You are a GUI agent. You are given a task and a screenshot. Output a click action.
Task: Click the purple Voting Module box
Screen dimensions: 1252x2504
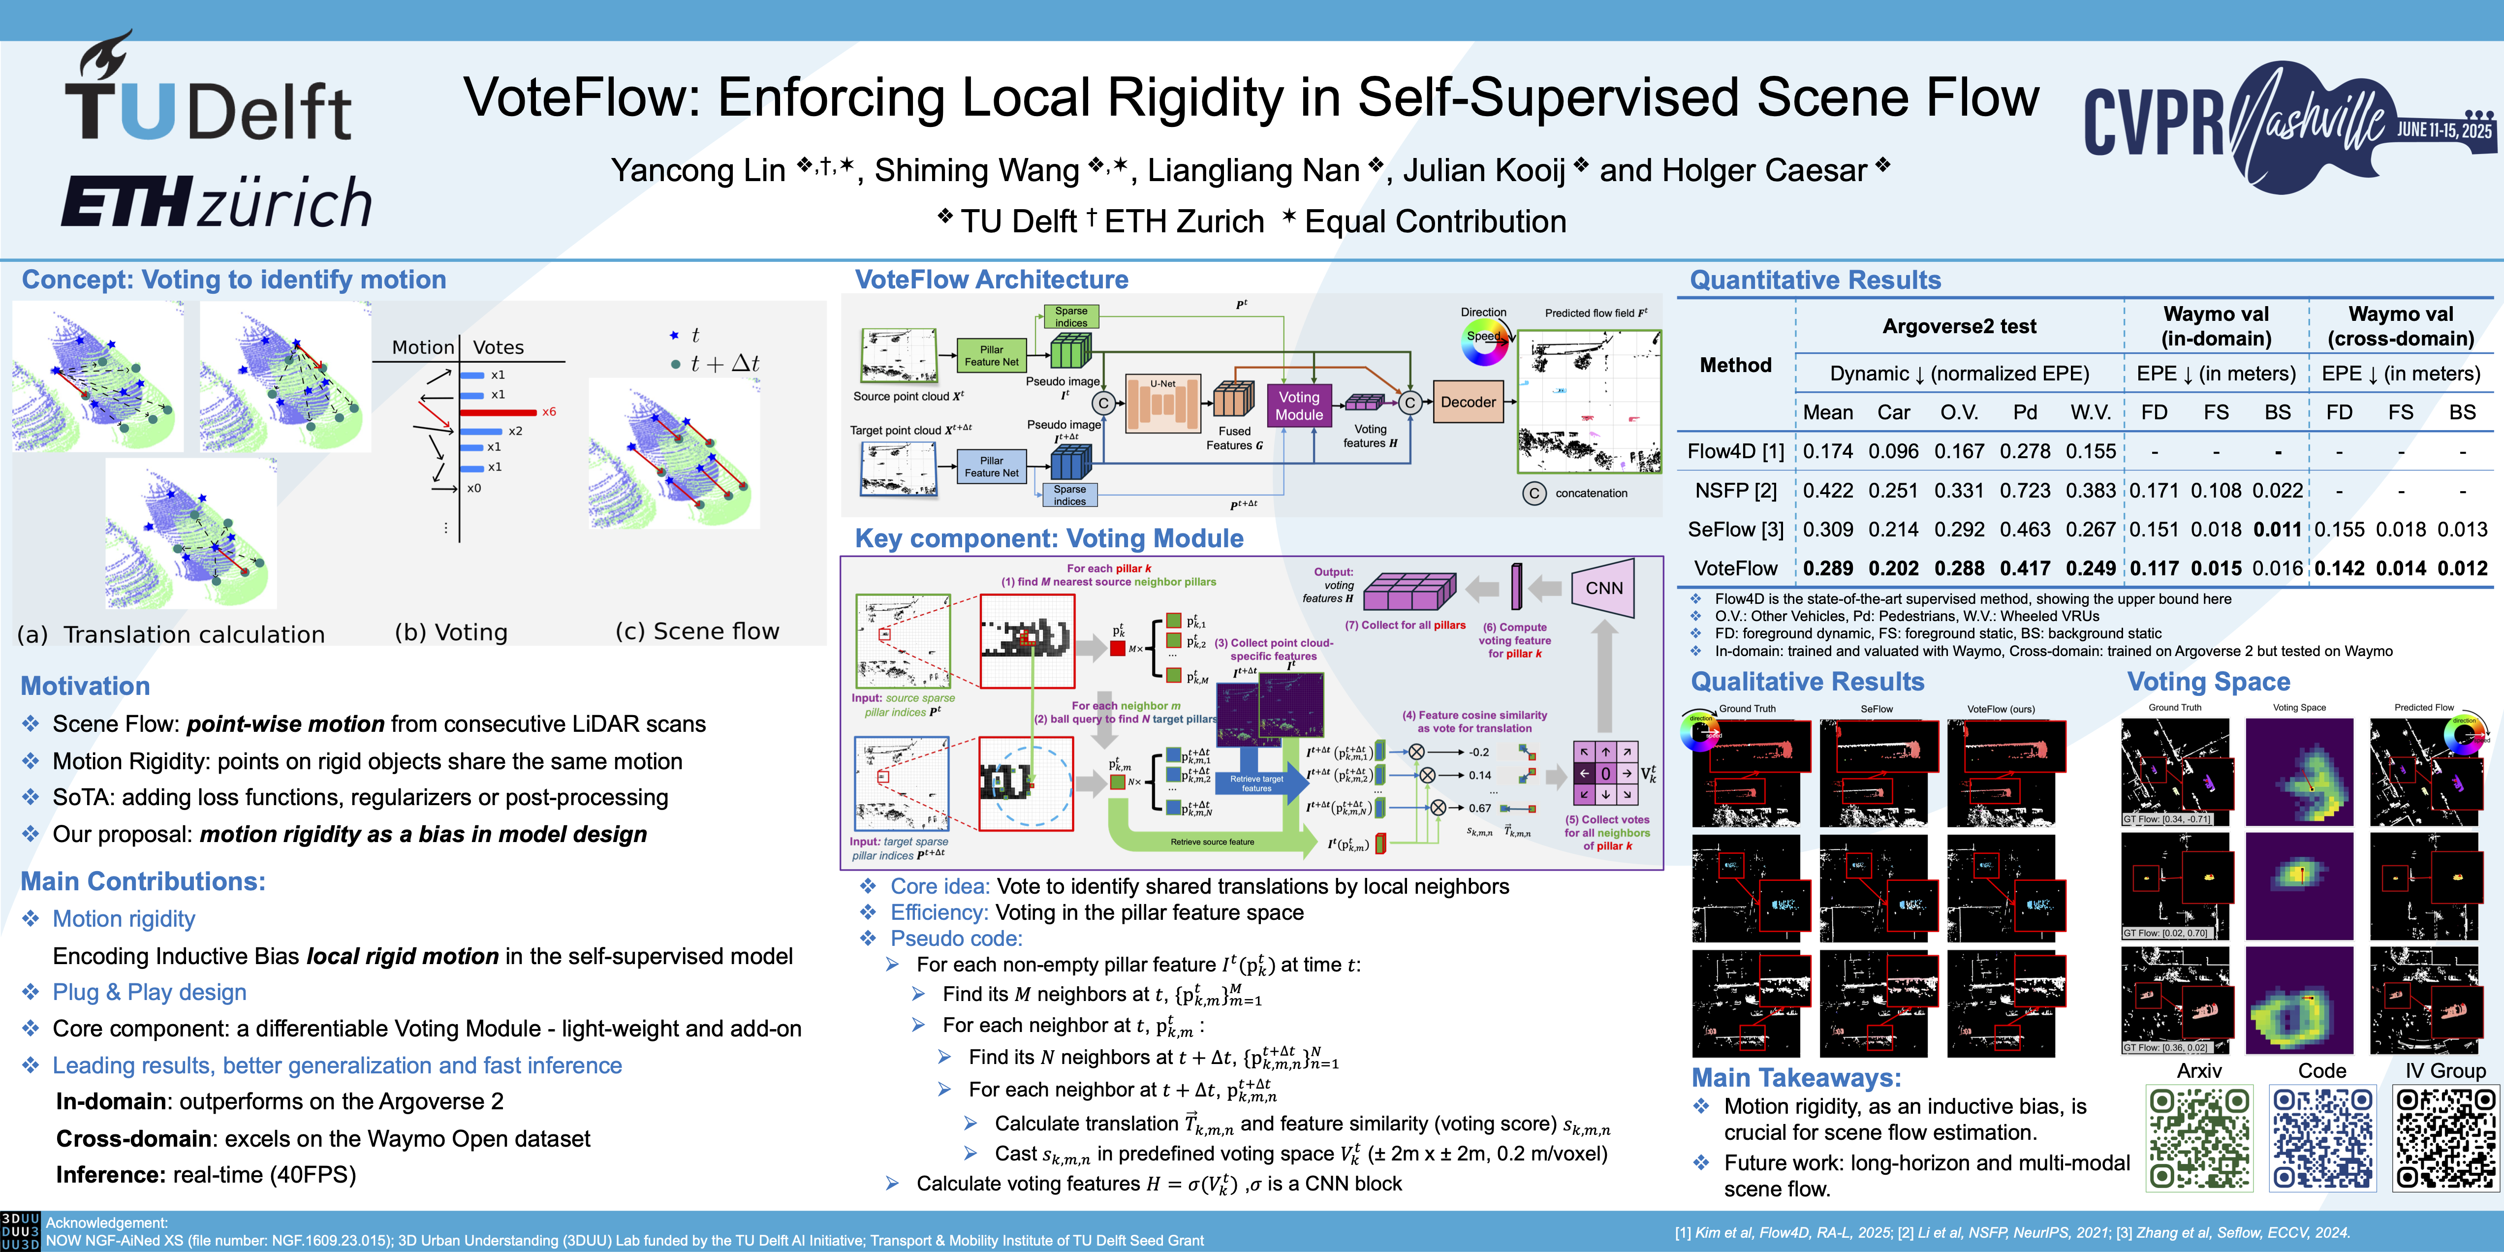(1299, 406)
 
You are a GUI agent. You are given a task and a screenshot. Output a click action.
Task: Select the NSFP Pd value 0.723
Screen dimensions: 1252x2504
(2025, 491)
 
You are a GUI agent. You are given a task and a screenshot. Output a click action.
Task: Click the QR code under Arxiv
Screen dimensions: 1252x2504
(2199, 1137)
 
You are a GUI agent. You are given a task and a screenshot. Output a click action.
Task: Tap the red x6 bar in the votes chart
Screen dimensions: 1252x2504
(498, 412)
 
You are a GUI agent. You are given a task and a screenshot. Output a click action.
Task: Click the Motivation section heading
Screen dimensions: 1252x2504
(86, 686)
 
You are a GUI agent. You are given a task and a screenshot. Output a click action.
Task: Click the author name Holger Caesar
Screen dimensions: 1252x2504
(1733, 171)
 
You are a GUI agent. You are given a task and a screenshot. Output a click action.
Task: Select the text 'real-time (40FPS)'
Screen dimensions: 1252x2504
(264, 1175)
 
